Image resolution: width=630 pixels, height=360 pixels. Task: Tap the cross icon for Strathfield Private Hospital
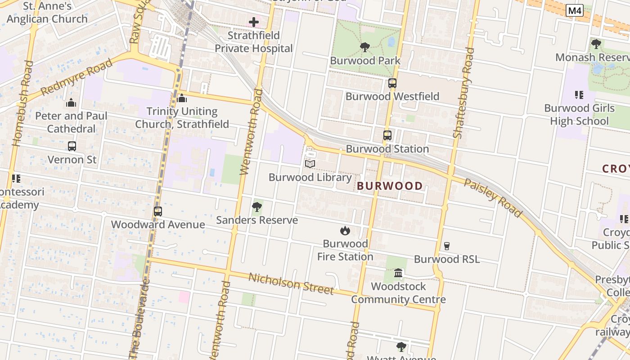pos(254,22)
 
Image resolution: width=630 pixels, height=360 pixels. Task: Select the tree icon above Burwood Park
pos(365,47)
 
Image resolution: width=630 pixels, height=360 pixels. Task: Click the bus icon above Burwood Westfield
pos(392,83)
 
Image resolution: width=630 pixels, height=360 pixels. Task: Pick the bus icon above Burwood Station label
pos(387,135)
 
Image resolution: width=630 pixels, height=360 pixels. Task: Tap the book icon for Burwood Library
pos(310,164)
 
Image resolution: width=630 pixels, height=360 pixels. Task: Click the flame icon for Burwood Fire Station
pos(345,231)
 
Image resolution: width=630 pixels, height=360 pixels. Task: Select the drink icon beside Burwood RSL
pos(447,246)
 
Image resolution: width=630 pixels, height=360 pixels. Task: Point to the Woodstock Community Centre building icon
pos(398,273)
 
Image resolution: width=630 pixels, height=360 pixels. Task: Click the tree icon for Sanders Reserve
pos(257,207)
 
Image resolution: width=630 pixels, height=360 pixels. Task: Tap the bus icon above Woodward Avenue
pos(158,211)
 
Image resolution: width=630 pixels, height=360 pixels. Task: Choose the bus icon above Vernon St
pos(72,146)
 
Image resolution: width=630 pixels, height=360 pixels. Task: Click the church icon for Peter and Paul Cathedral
pos(71,103)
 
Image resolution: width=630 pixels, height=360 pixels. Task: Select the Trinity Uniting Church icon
pos(182,98)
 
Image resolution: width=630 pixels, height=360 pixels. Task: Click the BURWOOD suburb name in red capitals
pos(390,186)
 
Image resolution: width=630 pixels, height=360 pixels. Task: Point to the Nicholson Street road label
pos(291,283)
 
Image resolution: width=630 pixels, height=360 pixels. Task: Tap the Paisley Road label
pos(493,198)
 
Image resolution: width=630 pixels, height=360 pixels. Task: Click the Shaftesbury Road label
pos(463,92)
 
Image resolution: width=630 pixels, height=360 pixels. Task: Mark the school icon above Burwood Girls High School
pos(579,95)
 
